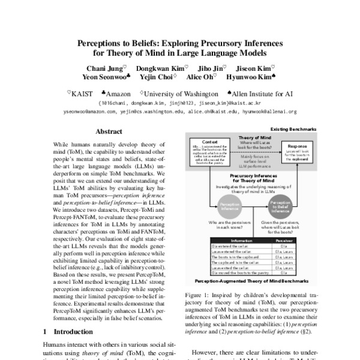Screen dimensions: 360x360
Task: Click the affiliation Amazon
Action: point(119,94)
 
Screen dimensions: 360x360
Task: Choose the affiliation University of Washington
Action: point(182,94)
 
